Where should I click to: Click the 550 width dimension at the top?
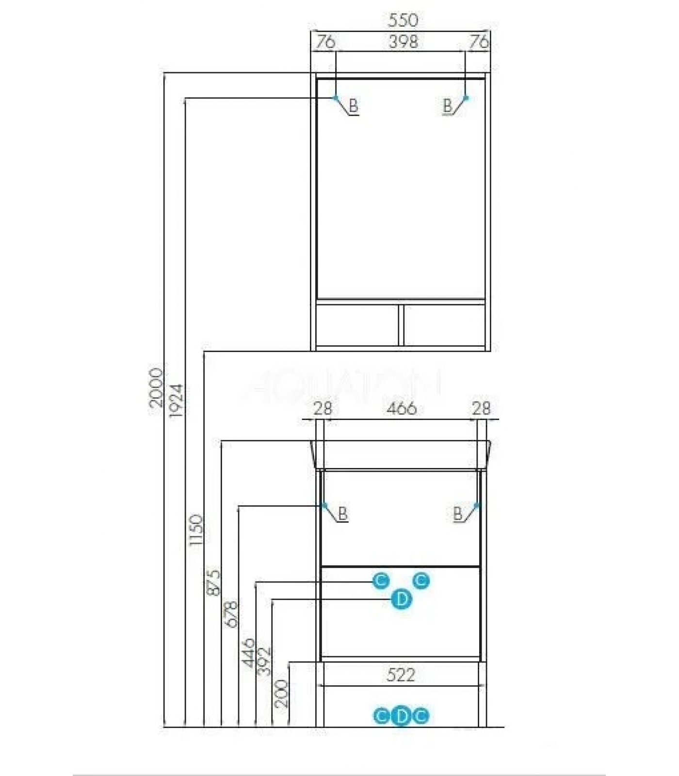click(403, 20)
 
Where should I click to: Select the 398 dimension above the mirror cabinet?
click(403, 42)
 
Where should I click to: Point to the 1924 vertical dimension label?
click(176, 401)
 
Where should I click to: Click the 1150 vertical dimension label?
click(195, 530)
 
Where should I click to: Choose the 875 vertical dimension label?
click(213, 582)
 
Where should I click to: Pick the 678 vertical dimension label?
click(231, 614)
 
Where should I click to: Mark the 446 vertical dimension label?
click(248, 653)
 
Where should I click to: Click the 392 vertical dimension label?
click(264, 661)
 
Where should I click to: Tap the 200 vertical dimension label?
click(281, 694)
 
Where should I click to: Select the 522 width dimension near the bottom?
click(401, 675)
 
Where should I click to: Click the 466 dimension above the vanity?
click(402, 408)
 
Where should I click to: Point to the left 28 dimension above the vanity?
click(323, 408)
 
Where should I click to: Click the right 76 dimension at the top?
click(479, 42)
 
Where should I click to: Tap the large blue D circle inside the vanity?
click(402, 600)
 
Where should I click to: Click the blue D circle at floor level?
click(401, 716)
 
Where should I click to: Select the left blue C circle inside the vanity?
click(381, 580)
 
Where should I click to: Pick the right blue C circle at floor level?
click(421, 716)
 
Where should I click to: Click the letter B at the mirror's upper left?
click(354, 105)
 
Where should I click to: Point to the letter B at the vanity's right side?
click(458, 513)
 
